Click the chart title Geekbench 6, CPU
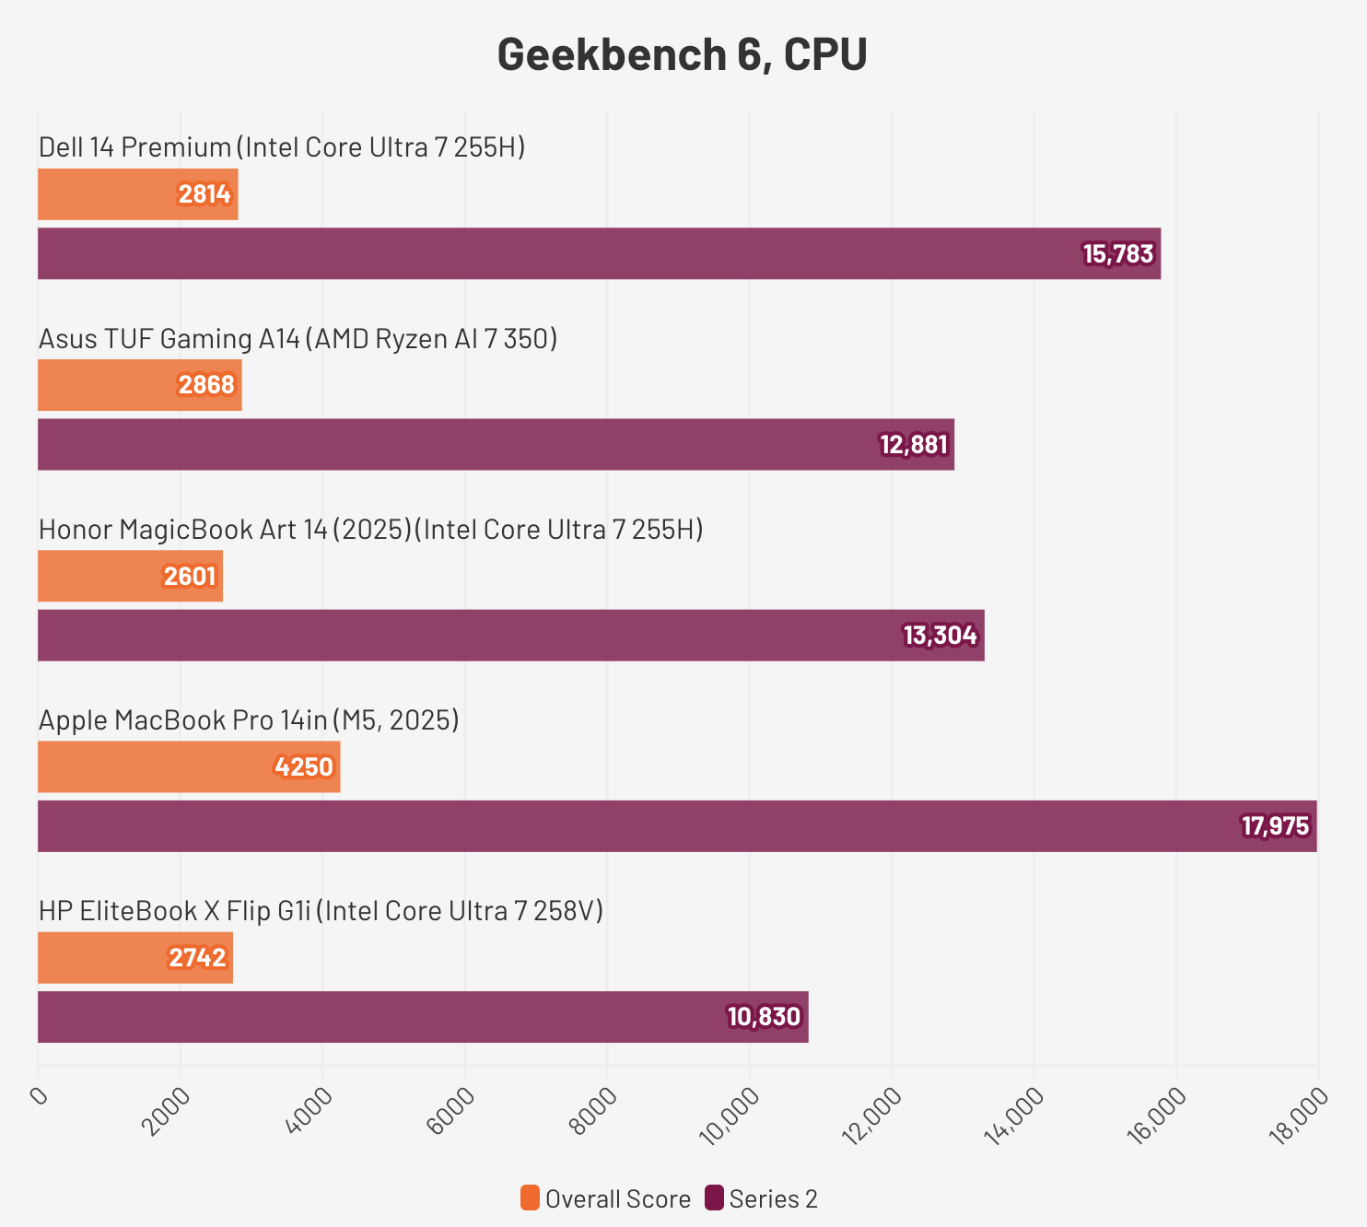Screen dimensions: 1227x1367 (682, 55)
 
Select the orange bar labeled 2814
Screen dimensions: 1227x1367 (138, 194)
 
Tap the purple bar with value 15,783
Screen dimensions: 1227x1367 (599, 253)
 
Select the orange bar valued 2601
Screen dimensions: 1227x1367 (130, 577)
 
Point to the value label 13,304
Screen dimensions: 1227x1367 (940, 636)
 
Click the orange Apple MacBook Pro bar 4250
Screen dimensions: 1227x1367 (189, 767)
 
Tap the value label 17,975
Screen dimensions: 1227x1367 (1275, 826)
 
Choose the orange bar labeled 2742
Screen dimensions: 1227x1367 (135, 958)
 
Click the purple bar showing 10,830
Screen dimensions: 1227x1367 (423, 1017)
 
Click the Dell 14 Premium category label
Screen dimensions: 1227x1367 (282, 147)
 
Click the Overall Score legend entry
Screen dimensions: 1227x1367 (606, 1199)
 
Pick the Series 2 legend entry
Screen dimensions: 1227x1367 (762, 1199)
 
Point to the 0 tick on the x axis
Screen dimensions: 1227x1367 (39, 1096)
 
